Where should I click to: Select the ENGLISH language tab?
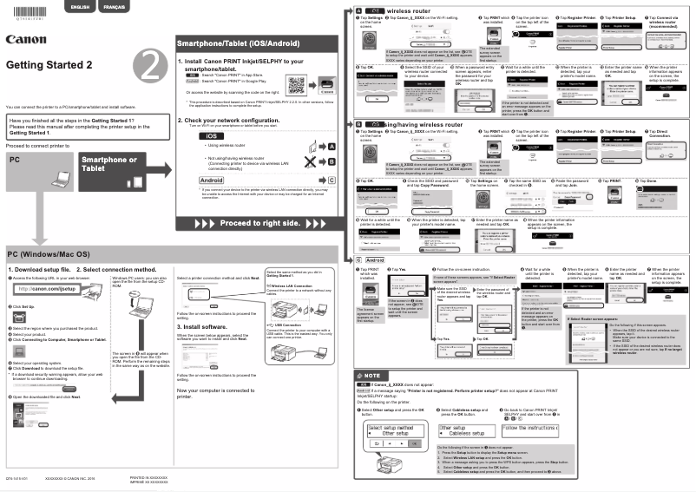pos(80,7)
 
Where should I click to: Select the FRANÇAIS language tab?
pos(113,7)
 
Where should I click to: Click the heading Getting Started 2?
pos(49,65)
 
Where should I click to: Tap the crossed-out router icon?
pos(301,161)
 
